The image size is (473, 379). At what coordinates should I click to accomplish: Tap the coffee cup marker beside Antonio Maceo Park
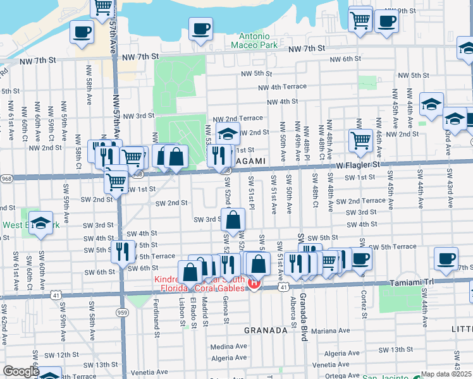pos(200,29)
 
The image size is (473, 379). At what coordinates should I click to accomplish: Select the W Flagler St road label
pos(359,164)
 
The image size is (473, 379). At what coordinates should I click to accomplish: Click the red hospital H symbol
pos(254,283)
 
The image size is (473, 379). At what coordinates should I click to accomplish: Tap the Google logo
pos(21,371)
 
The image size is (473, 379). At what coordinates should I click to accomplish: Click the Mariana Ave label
pos(330,330)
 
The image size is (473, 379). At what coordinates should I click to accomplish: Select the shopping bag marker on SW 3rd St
pos(233,220)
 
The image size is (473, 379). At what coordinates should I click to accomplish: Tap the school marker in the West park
pos(41,224)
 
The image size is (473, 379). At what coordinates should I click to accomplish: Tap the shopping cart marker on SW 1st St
pos(116,182)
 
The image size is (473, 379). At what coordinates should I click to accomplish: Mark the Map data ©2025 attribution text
pos(446,374)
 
